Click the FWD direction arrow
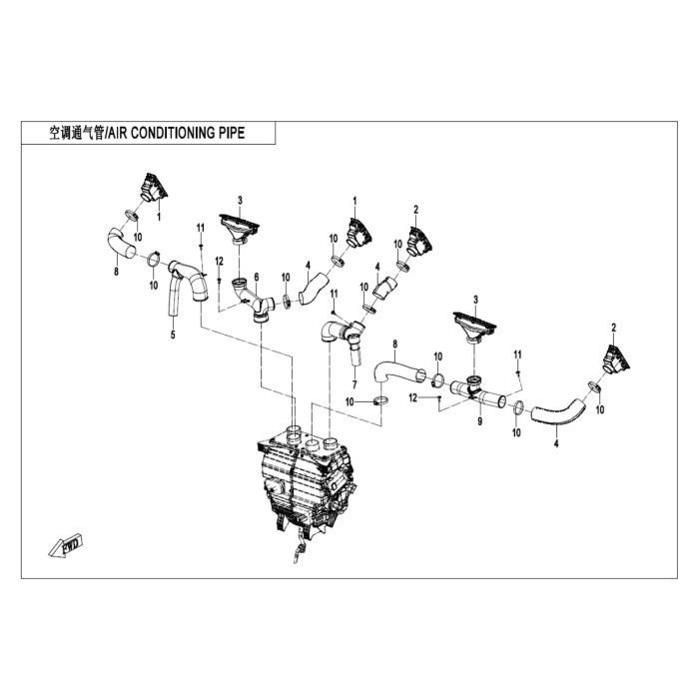click(66, 545)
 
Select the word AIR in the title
click(118, 133)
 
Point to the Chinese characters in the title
click(76, 133)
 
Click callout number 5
click(173, 335)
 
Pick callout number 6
click(257, 277)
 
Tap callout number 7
click(354, 384)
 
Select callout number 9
click(479, 420)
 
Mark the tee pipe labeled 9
click(478, 391)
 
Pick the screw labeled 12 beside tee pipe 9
click(439, 396)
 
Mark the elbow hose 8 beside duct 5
click(121, 243)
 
